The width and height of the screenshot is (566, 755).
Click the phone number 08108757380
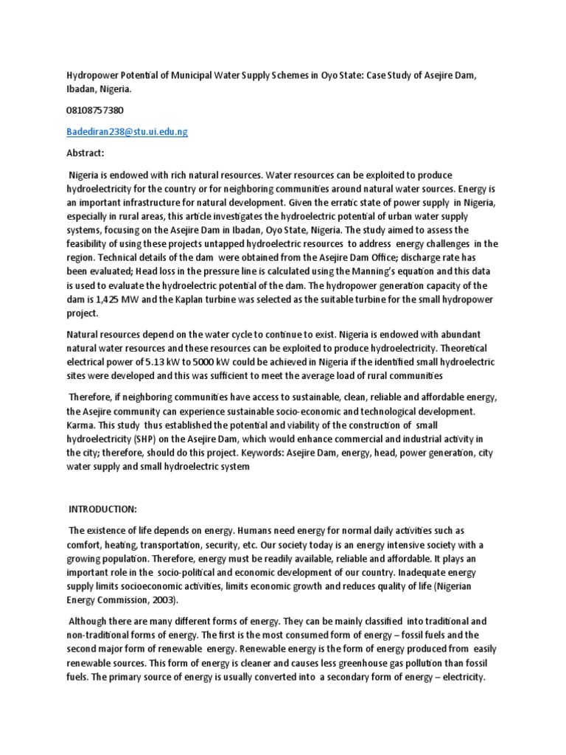(95, 110)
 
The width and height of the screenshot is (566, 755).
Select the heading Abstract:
(87, 153)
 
